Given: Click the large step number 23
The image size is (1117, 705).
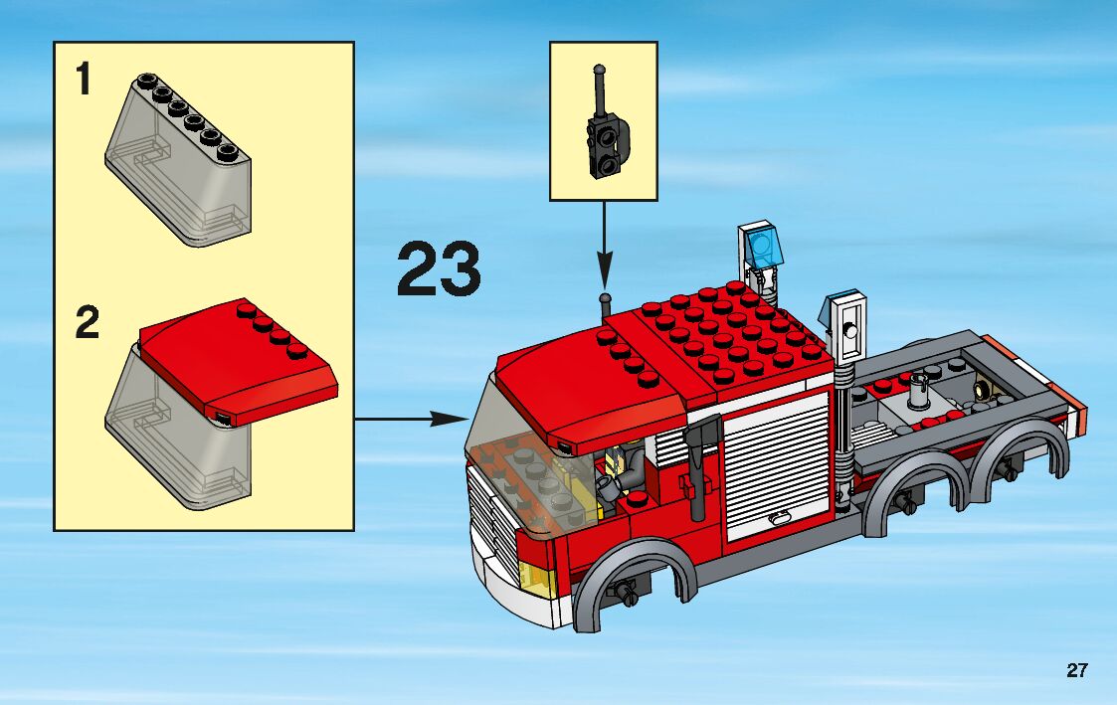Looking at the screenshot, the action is click(x=439, y=268).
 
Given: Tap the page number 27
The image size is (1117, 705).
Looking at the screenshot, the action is click(x=1077, y=670).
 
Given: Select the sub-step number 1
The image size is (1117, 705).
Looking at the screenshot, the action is click(x=85, y=79).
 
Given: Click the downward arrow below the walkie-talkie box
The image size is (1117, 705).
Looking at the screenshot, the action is click(x=604, y=245).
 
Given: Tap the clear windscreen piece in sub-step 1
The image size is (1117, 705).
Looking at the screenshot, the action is click(x=178, y=160).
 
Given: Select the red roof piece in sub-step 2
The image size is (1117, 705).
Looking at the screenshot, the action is click(x=239, y=360).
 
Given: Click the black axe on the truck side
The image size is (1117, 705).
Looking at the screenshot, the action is click(x=696, y=466).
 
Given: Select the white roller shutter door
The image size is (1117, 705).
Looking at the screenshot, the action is click(x=777, y=466).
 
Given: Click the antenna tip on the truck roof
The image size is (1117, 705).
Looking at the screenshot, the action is click(x=605, y=297).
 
